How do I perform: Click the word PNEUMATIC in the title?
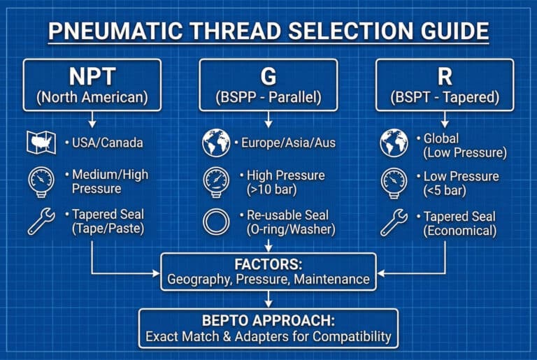(115, 31)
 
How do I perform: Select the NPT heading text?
(92, 76)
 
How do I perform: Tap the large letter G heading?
(268, 76)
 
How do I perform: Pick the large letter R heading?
(445, 76)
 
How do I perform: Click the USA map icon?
(41, 142)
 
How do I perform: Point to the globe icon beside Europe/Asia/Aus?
(216, 143)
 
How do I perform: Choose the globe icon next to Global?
(394, 143)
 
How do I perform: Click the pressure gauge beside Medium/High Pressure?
(41, 182)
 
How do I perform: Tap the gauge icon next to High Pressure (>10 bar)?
(216, 182)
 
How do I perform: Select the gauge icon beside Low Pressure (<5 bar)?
(394, 183)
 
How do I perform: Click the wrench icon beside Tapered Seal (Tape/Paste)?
(41, 222)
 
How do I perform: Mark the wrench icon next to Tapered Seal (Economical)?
(394, 223)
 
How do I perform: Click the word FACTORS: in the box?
(268, 264)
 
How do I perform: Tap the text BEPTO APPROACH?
(268, 321)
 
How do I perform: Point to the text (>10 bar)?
(272, 189)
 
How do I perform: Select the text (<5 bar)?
(445, 190)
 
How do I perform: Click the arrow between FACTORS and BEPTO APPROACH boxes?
(268, 299)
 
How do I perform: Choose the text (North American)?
(92, 97)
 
